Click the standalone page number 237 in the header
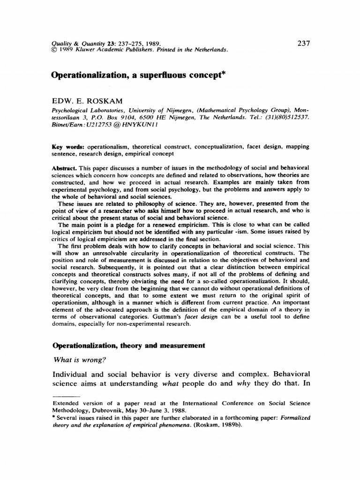pyautogui.click(x=304, y=44)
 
